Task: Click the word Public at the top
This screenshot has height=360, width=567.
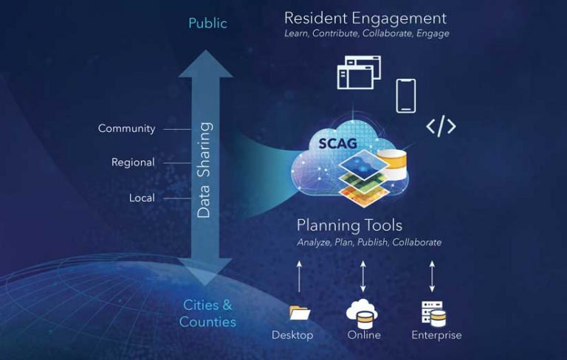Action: click(x=207, y=24)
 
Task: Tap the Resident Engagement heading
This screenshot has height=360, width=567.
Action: click(x=365, y=18)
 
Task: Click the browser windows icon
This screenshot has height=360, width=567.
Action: click(x=358, y=72)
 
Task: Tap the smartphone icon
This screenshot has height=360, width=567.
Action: click(x=405, y=95)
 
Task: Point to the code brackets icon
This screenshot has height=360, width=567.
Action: click(x=441, y=126)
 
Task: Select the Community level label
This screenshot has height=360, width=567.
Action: click(x=126, y=128)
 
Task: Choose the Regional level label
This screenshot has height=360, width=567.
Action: click(x=133, y=162)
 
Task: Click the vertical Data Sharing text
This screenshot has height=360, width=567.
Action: click(x=205, y=170)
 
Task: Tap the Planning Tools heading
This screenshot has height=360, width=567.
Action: click(x=349, y=225)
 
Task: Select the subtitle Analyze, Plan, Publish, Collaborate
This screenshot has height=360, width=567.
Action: click(x=369, y=242)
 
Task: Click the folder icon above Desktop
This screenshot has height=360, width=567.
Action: click(x=300, y=313)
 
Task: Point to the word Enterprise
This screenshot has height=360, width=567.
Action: click(x=436, y=336)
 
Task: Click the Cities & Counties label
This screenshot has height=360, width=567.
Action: click(x=207, y=313)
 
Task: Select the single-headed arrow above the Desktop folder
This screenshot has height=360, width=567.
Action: click(x=298, y=277)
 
